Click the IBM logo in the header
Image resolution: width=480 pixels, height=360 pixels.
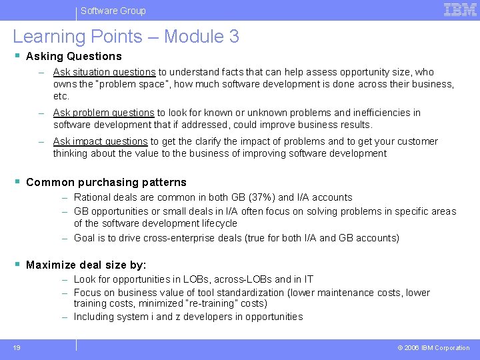click(x=460, y=9)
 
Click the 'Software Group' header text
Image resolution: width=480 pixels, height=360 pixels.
click(x=113, y=11)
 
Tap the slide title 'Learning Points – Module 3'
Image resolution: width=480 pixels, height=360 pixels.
click(x=126, y=37)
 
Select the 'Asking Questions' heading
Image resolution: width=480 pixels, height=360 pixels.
click(x=73, y=57)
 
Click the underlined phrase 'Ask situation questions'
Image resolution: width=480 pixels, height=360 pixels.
click(x=104, y=72)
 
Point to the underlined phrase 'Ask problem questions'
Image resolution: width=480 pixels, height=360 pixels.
click(x=104, y=113)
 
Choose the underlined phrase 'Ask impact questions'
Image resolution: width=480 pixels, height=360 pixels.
click(x=100, y=141)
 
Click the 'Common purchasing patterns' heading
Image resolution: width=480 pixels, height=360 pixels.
click(x=106, y=182)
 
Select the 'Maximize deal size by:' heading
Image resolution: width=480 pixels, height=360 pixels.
click(x=86, y=265)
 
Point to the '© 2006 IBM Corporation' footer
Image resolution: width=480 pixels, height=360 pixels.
click(x=434, y=348)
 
